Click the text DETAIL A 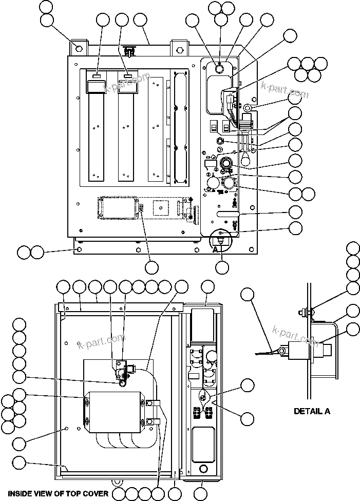click(312, 411)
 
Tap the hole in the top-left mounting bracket click(78, 49)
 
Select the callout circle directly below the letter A click(222, 267)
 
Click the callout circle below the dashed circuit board click(151, 267)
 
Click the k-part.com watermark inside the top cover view click(101, 341)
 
